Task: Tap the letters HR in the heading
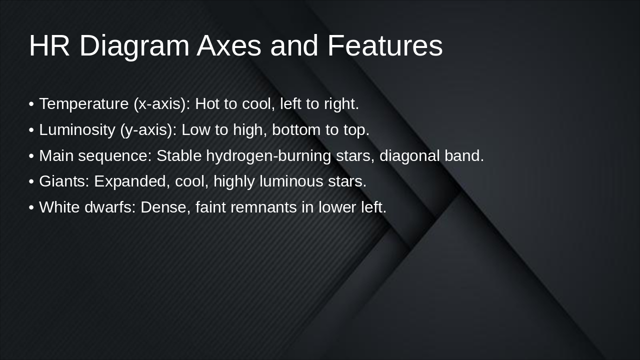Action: [49, 46]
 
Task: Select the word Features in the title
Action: [385, 46]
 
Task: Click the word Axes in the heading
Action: [229, 46]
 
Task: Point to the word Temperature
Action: [84, 104]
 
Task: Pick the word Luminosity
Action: [77, 130]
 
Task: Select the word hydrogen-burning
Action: [268, 156]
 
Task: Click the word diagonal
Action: [409, 156]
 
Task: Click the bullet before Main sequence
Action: [31, 156]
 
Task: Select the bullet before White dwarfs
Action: [31, 207]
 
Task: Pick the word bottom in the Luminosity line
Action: [296, 130]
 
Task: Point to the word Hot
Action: [206, 104]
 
